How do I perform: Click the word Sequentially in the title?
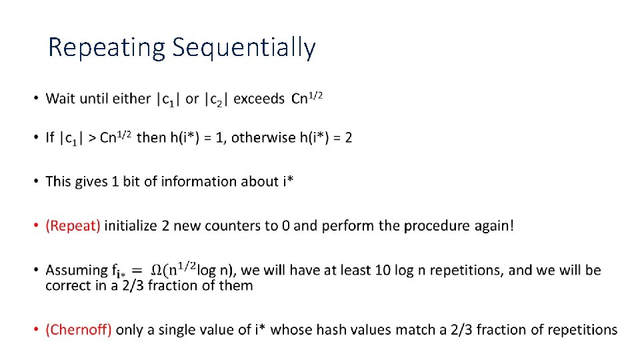click(243, 48)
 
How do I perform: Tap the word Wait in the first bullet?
click(61, 99)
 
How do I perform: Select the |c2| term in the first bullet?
click(217, 99)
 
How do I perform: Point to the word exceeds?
click(259, 99)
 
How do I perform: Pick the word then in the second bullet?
click(151, 138)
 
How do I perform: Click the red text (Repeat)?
click(73, 226)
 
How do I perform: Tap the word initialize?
click(130, 226)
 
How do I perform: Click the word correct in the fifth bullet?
click(65, 286)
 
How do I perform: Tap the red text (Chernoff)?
click(79, 330)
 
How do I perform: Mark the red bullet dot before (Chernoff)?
click(35, 330)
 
